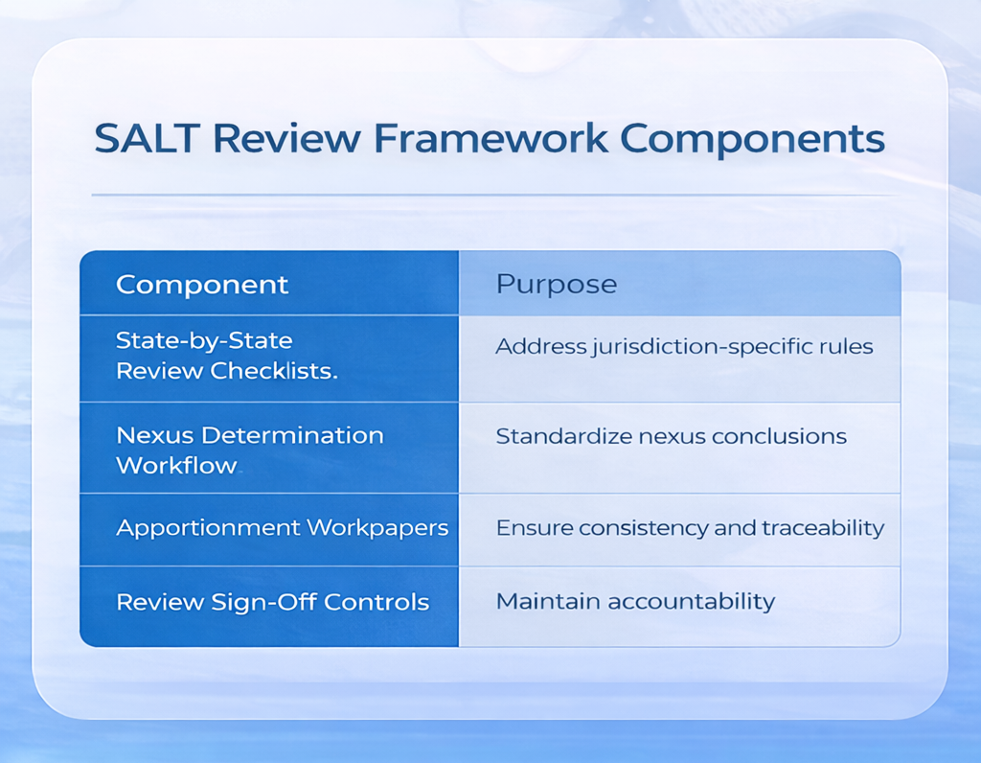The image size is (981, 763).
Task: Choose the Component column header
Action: point(201,285)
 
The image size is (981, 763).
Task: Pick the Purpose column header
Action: point(556,285)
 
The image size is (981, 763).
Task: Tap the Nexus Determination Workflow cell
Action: point(249,450)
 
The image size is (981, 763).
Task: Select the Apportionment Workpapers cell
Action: point(282,528)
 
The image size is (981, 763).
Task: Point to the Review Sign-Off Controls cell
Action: point(272,602)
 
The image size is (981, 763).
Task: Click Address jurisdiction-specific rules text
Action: point(683,346)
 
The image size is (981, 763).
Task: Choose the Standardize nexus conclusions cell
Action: point(671,436)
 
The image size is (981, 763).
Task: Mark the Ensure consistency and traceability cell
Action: point(689,528)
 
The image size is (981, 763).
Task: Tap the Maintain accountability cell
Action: point(634,602)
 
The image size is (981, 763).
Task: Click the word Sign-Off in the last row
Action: point(272,602)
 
